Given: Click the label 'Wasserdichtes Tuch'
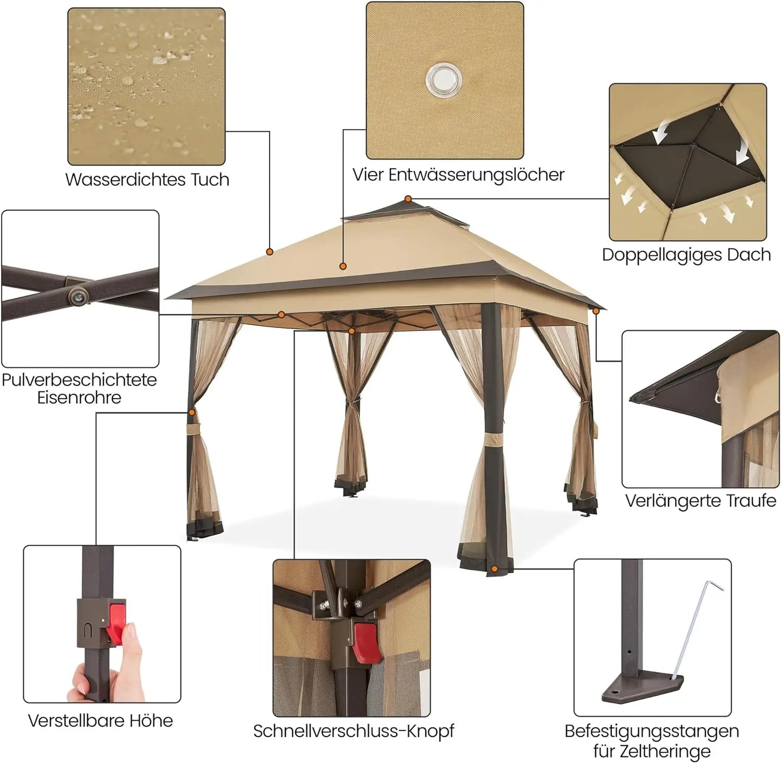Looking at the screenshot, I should (147, 180).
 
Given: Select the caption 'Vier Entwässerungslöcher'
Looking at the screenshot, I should (458, 175).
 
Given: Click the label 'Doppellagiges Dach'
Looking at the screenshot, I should (686, 255).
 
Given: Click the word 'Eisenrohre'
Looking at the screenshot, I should (79, 398).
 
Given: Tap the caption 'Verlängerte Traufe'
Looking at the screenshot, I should (700, 501).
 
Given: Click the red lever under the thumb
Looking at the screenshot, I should (116, 622).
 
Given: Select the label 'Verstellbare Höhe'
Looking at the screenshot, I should (101, 721).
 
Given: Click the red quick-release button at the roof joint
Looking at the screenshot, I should (366, 642).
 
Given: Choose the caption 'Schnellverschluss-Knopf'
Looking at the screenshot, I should (353, 731).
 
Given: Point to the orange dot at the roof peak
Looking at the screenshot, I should (408, 199).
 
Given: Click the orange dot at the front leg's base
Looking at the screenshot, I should (495, 569).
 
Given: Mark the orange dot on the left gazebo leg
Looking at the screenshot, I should (192, 413).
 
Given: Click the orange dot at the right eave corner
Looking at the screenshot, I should (596, 311).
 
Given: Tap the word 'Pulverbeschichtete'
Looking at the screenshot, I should (79, 380).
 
